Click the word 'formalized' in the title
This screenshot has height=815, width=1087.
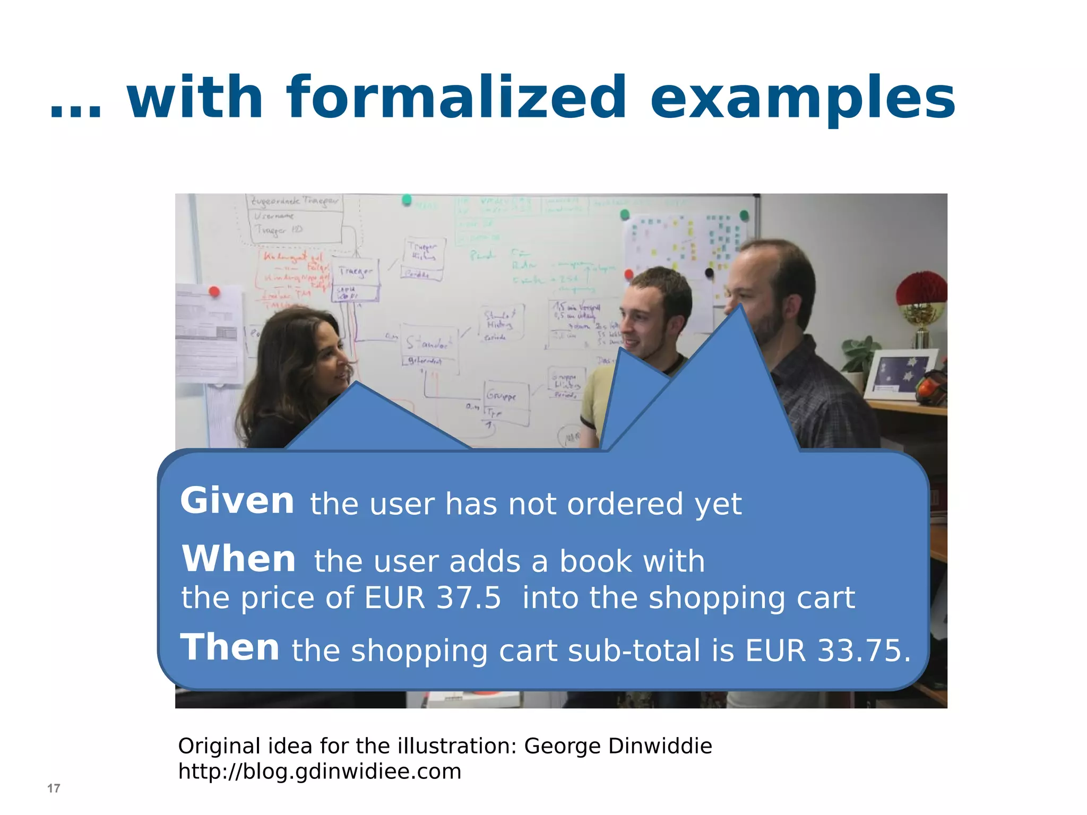click(x=456, y=98)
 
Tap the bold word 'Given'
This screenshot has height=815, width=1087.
click(x=237, y=501)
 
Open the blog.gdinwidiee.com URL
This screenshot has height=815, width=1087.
click(x=320, y=771)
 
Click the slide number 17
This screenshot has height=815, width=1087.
click(x=54, y=788)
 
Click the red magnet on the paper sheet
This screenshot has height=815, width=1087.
click(x=214, y=291)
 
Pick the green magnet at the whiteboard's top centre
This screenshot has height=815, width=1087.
click(x=407, y=200)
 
